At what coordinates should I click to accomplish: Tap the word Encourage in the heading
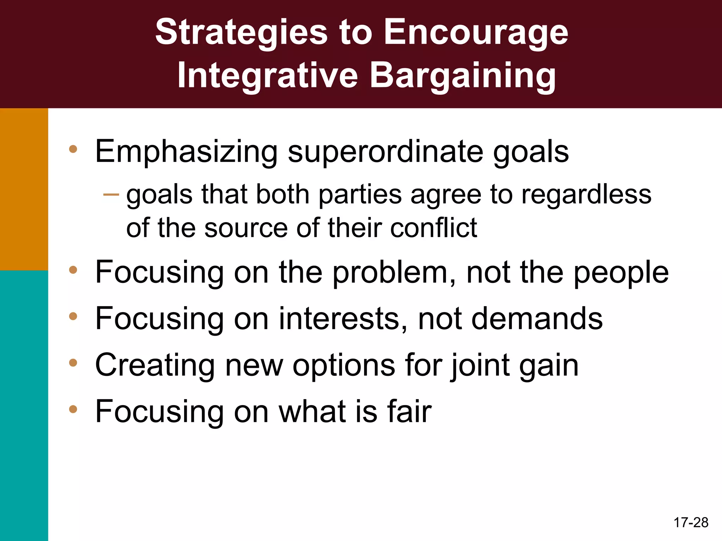point(476,32)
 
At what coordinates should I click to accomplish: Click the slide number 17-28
point(691,522)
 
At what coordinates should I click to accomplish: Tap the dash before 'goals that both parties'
point(111,194)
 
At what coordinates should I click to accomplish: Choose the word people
point(621,272)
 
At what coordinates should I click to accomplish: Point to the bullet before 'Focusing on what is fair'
point(73,409)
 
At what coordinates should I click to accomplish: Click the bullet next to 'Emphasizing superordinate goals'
point(73,149)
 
